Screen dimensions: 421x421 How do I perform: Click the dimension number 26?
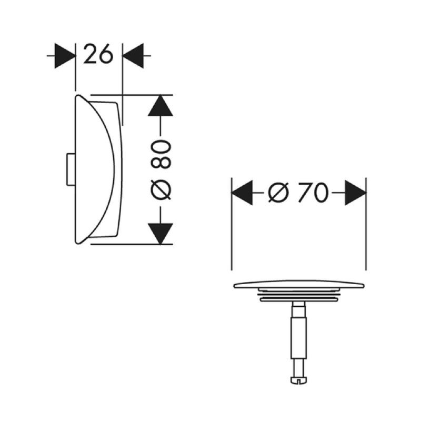pyautogui.click(x=99, y=54)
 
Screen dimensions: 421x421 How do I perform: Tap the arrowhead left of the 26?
pyautogui.click(x=66, y=54)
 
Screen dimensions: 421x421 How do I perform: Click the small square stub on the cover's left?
pyautogui.click(x=69, y=169)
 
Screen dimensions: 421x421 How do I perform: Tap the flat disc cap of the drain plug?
pyautogui.click(x=298, y=286)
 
